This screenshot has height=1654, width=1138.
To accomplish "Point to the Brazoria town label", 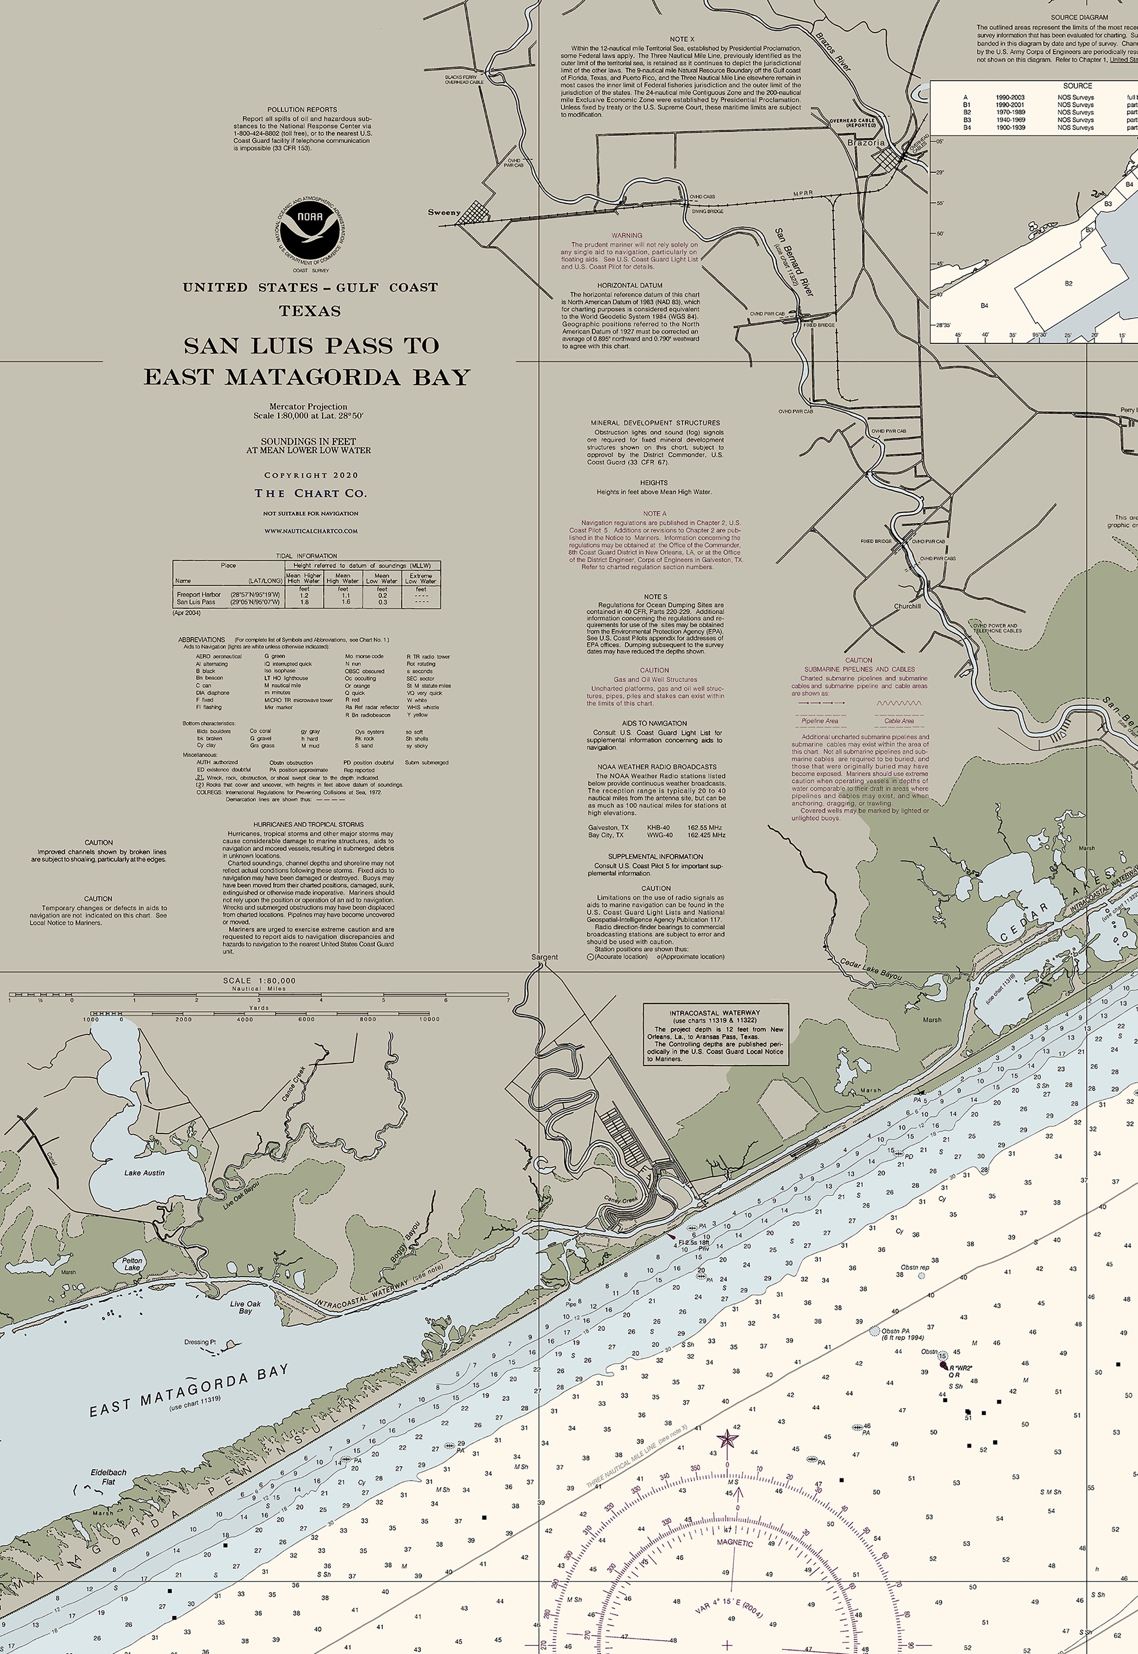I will (x=866, y=143).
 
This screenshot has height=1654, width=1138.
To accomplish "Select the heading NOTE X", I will (x=682, y=39).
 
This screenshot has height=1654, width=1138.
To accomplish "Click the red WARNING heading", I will (x=627, y=235).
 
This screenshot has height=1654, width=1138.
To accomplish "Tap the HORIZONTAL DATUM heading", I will (x=630, y=285).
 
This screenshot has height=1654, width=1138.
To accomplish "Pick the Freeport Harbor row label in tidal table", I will (x=199, y=594).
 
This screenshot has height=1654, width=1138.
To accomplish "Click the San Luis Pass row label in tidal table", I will (x=196, y=602).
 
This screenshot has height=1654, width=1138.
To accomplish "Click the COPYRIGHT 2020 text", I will (x=311, y=475).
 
